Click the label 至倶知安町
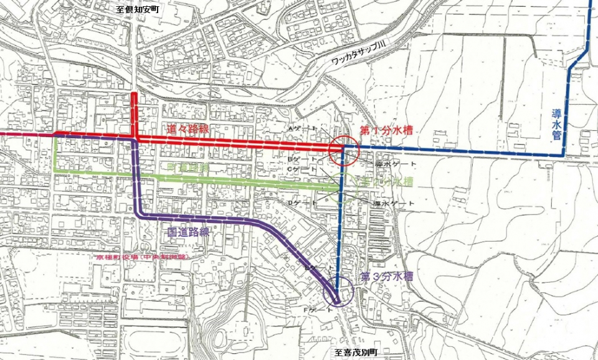[x=138, y=10]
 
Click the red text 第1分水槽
[x=387, y=132]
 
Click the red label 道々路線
[x=187, y=129]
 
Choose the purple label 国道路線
[x=187, y=231]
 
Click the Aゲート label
[x=297, y=128]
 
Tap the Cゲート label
[x=298, y=169]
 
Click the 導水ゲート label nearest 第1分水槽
[x=390, y=164]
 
